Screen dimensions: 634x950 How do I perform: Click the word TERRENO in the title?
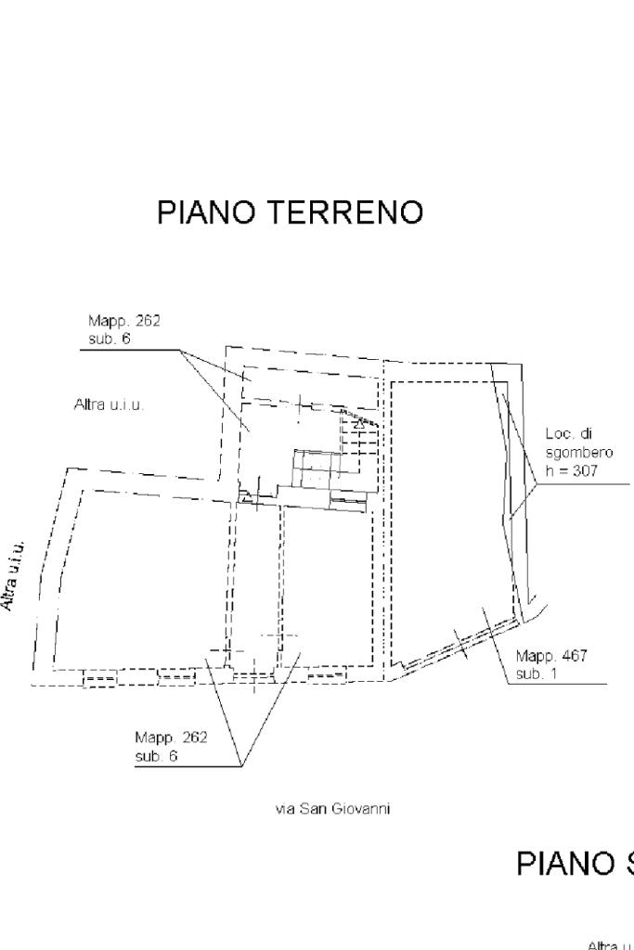(x=344, y=212)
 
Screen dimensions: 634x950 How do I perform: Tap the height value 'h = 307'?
(x=572, y=471)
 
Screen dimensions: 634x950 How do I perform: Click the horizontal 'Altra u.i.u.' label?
(x=109, y=404)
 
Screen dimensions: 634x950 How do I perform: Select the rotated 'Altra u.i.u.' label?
(x=13, y=574)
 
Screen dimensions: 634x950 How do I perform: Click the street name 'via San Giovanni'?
(x=332, y=809)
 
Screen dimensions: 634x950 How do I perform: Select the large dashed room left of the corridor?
(x=139, y=575)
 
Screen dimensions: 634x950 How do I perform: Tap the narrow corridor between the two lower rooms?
(x=255, y=584)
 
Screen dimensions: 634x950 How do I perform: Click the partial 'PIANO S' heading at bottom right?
(x=574, y=864)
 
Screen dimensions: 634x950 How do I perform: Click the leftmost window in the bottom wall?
(x=99, y=680)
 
